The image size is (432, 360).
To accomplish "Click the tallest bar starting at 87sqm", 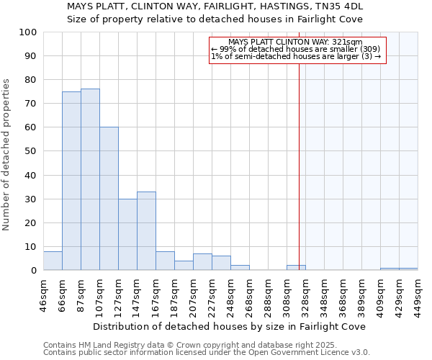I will pyautogui.click(x=90, y=180).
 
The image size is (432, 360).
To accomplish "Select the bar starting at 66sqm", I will pyautogui.click(x=71, y=181).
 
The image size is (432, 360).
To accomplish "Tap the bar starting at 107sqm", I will pyautogui.click(x=109, y=199).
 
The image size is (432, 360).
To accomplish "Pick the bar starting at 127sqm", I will pyautogui.click(x=127, y=235).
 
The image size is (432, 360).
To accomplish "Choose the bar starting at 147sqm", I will pyautogui.click(x=146, y=231).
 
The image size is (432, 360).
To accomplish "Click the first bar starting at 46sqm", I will pyautogui.click(x=53, y=261).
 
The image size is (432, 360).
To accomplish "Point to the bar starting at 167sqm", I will pyautogui.click(x=165, y=261).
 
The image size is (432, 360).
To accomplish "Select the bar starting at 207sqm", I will pyautogui.click(x=202, y=262).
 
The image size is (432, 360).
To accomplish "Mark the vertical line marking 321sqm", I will pyautogui.click(x=299, y=166).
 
